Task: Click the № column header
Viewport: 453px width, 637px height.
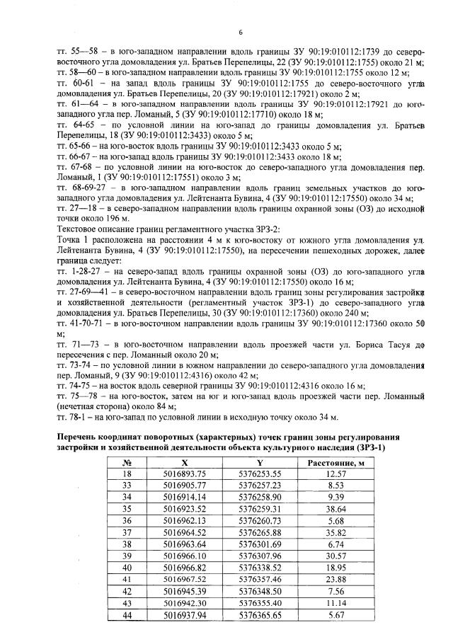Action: [x=128, y=462]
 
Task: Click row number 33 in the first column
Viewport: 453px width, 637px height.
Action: [x=128, y=485]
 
